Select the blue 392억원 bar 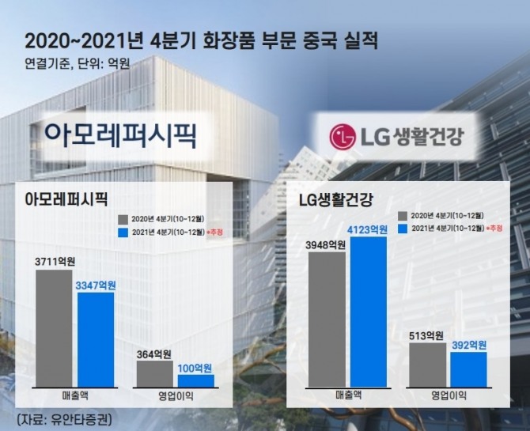[x=468, y=369]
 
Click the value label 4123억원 [x=368, y=229]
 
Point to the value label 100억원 [x=194, y=368]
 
